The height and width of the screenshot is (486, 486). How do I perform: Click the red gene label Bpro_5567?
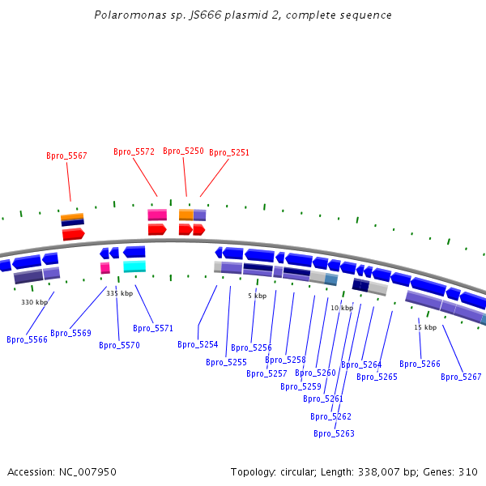tap(66, 156)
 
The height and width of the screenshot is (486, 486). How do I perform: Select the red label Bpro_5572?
tap(134, 151)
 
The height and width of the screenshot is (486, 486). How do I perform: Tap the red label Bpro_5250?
tap(183, 151)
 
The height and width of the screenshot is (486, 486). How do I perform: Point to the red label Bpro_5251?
tap(229, 152)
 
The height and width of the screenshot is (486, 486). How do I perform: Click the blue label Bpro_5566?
tap(27, 339)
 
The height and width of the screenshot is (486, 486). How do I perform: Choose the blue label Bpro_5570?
tap(119, 345)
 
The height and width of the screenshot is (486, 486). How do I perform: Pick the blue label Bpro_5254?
tap(198, 344)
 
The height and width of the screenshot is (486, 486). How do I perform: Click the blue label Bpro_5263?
tap(334, 433)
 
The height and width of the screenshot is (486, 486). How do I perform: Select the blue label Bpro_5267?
tap(461, 377)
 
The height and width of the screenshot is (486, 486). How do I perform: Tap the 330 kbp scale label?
tap(34, 302)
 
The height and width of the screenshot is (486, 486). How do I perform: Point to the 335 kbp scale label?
tap(119, 293)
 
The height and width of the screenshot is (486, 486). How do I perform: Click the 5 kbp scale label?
tap(257, 296)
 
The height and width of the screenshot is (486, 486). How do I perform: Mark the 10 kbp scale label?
tap(342, 308)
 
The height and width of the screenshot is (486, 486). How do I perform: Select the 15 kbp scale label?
tap(425, 327)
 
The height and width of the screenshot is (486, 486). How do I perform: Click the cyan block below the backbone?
tap(134, 266)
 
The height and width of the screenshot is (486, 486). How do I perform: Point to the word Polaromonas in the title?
tap(125, 15)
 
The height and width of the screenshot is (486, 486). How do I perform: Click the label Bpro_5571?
tap(153, 328)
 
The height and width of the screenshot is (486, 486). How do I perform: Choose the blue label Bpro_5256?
tap(251, 347)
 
